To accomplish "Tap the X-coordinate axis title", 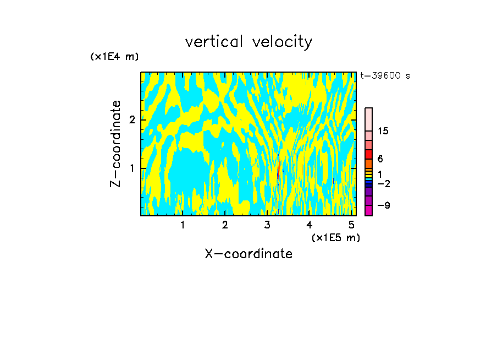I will pyautogui.click(x=248, y=254).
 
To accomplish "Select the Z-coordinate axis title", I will pyautogui.click(x=115, y=144).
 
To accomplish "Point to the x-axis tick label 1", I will pyautogui.click(x=183, y=225).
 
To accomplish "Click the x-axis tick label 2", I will pyautogui.click(x=225, y=225).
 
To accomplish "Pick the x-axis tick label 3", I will pyautogui.click(x=267, y=225).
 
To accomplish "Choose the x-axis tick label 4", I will pyautogui.click(x=309, y=225).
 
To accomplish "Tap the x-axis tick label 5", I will pyautogui.click(x=351, y=225).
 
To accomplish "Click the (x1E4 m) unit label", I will pyautogui.click(x=114, y=57).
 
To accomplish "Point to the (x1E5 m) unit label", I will pyautogui.click(x=335, y=237).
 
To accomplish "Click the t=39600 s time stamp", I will pyautogui.click(x=385, y=76).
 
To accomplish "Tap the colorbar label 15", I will pyautogui.click(x=383, y=131).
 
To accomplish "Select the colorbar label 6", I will pyautogui.click(x=380, y=159).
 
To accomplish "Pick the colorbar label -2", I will pyautogui.click(x=384, y=183).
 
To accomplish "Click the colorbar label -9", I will pyautogui.click(x=384, y=206).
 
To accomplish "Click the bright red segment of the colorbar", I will pyautogui.click(x=368, y=155).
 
